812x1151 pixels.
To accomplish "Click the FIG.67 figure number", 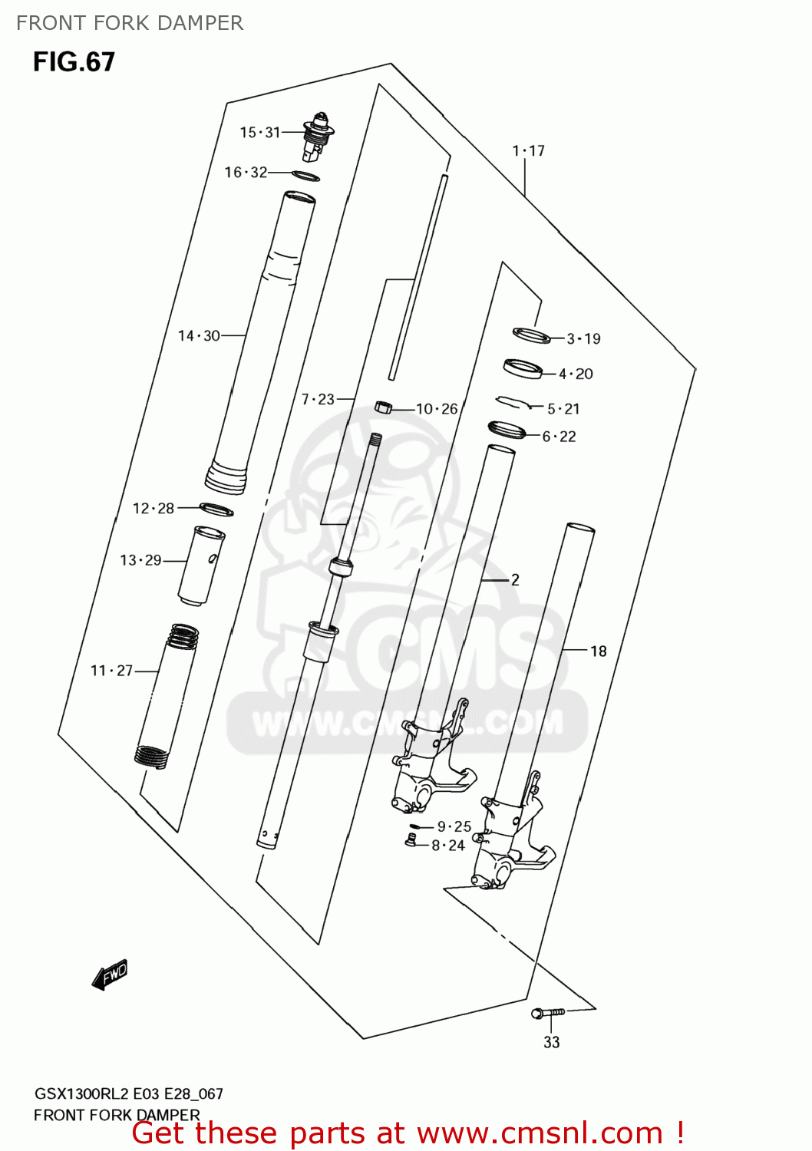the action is click(74, 62).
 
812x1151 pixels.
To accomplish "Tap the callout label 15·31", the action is click(260, 133).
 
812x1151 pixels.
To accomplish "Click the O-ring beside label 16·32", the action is click(305, 176).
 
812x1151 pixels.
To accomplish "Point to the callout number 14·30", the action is click(199, 336).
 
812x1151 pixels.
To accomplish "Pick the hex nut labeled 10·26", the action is click(383, 407).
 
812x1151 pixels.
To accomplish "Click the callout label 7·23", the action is click(318, 399).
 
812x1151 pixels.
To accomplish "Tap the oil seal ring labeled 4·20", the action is click(523, 369).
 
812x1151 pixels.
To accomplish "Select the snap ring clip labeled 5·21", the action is click(513, 402).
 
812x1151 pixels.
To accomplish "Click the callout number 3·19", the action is click(583, 338).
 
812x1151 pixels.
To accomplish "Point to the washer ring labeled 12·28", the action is click(216, 510).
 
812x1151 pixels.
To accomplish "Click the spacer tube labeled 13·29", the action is click(201, 566).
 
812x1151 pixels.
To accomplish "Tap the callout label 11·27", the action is click(111, 671).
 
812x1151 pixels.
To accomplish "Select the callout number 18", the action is click(598, 651).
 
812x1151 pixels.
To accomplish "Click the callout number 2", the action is click(515, 580).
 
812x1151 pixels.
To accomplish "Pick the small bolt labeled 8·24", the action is click(410, 841).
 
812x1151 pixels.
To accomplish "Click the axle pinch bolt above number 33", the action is click(548, 1012).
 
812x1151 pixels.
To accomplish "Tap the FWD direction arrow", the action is click(110, 975).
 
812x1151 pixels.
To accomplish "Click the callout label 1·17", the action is click(528, 151).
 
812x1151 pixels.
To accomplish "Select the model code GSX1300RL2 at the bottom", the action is click(81, 1093).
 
